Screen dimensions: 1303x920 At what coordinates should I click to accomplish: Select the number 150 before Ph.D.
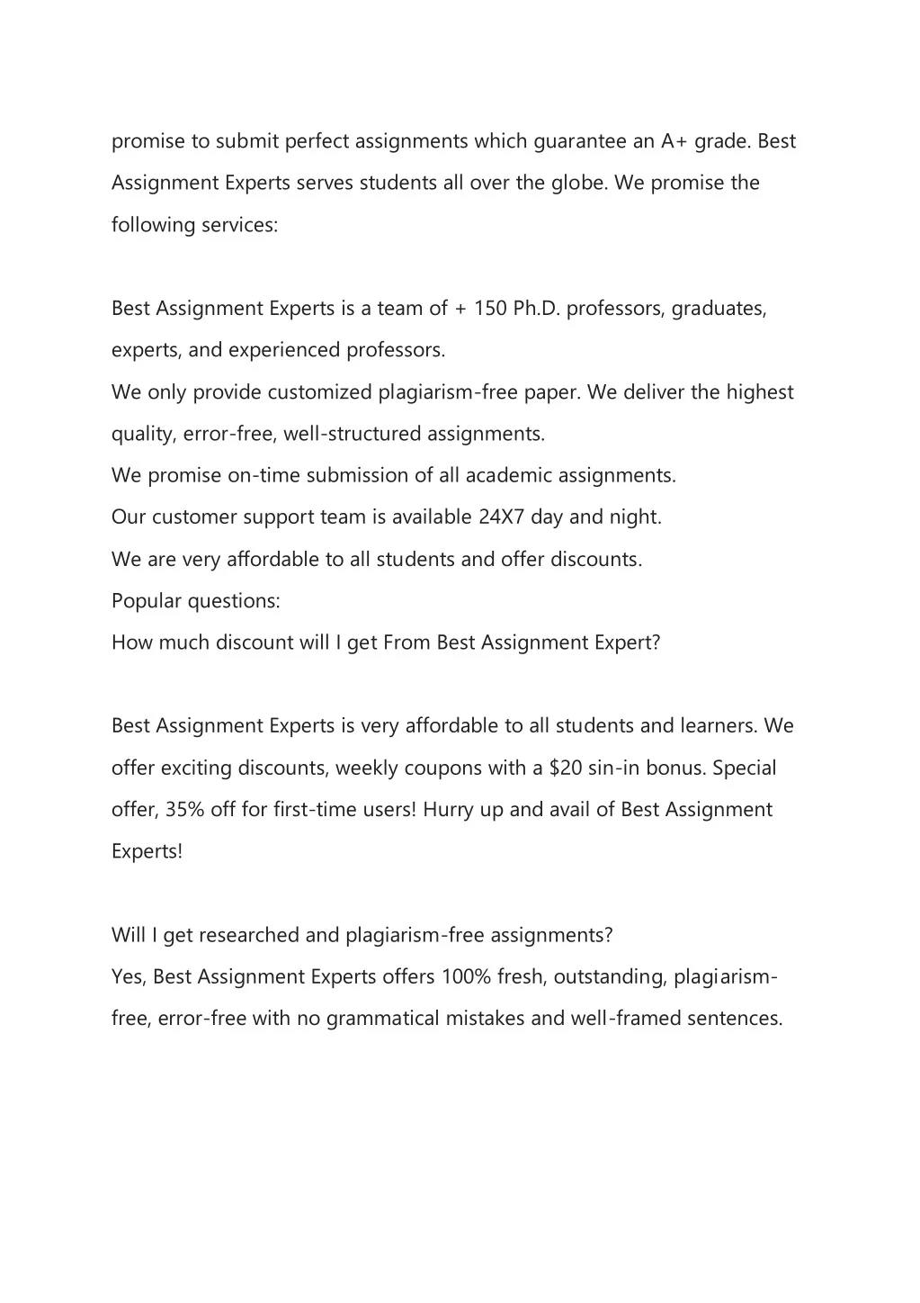point(490,309)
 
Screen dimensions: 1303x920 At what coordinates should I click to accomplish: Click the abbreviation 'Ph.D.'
point(537,309)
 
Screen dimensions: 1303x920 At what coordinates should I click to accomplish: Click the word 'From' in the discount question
point(406,643)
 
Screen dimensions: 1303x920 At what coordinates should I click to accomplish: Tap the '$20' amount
point(565,768)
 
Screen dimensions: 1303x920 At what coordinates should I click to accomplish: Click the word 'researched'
point(249,936)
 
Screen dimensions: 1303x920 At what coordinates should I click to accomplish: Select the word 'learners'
point(719,726)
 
